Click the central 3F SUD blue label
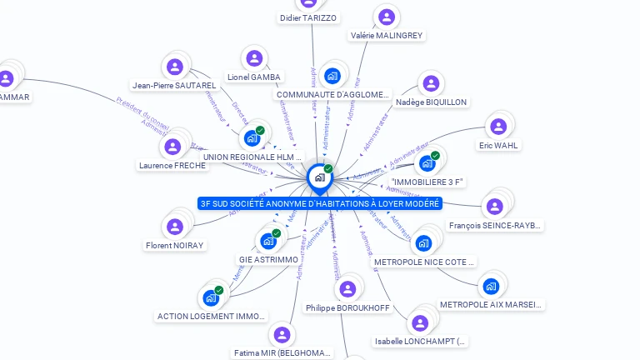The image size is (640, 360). point(320,203)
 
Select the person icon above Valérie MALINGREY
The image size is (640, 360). point(386,17)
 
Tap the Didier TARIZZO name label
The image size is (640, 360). point(308,17)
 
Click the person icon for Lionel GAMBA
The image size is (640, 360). point(254,58)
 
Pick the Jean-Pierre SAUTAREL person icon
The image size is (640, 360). point(174,67)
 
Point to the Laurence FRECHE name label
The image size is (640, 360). point(172,165)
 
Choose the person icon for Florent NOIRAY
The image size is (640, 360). point(175,227)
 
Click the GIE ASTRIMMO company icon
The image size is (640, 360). point(268,241)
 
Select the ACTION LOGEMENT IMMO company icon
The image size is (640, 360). point(211,297)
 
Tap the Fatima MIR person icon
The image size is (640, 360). point(282,335)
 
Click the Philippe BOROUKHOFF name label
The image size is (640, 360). point(347,307)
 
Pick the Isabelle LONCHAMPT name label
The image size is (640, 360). point(421,341)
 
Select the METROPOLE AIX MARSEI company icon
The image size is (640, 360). point(491,287)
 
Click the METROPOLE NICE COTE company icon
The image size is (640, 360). point(424,243)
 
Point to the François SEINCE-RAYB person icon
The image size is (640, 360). point(495,207)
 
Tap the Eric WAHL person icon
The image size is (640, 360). point(498,127)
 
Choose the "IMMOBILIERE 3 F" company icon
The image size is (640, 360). point(427,163)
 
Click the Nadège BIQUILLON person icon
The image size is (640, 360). point(431,83)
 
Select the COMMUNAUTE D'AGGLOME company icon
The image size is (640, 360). point(332,77)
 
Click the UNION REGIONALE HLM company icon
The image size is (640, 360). point(252,138)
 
